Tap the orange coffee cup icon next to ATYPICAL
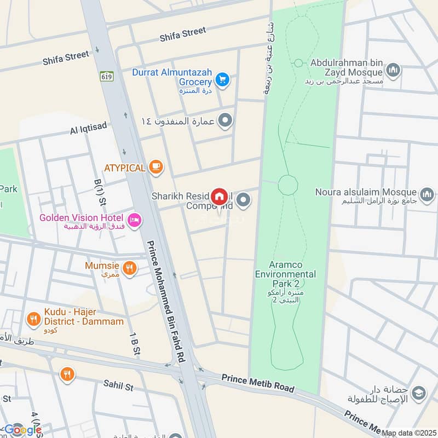pyautogui.click(x=156, y=167)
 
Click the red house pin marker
pyautogui.click(x=220, y=196)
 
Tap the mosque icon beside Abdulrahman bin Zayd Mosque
pyautogui.click(x=393, y=70)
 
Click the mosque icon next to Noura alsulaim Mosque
pyautogui.click(x=427, y=194)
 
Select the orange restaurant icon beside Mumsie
pyautogui.click(x=129, y=268)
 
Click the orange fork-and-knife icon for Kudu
pyautogui.click(x=34, y=318)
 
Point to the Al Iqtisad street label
pyautogui.click(x=89, y=129)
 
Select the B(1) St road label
pyautogui.click(x=99, y=189)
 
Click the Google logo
pyautogui.click(x=23, y=429)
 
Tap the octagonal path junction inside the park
pyautogui.click(x=287, y=185)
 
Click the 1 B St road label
pyautogui.click(x=133, y=345)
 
